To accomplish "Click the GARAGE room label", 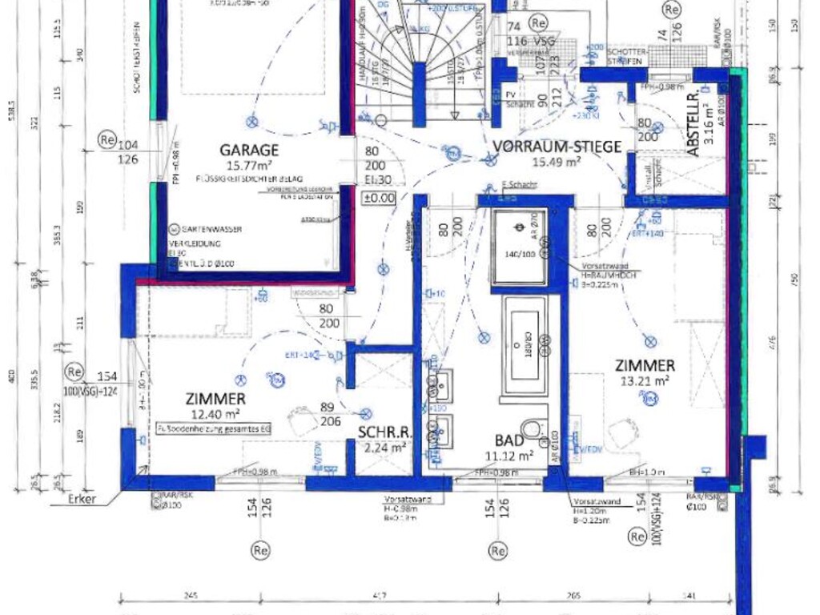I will click(249, 150).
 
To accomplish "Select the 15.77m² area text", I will click(249, 165).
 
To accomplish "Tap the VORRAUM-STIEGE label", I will click(557, 146).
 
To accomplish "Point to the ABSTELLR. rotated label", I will click(693, 124).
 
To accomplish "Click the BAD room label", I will click(509, 440).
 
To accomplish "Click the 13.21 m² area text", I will click(645, 380).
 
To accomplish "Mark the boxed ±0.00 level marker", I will click(379, 197).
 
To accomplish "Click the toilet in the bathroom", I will click(532, 431).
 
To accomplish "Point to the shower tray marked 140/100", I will click(519, 248).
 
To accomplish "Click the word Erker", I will click(82, 499).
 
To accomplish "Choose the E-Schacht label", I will click(518, 185).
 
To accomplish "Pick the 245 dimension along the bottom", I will click(190, 595).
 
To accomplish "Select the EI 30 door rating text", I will click(372, 179).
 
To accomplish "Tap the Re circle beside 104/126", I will click(108, 139).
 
